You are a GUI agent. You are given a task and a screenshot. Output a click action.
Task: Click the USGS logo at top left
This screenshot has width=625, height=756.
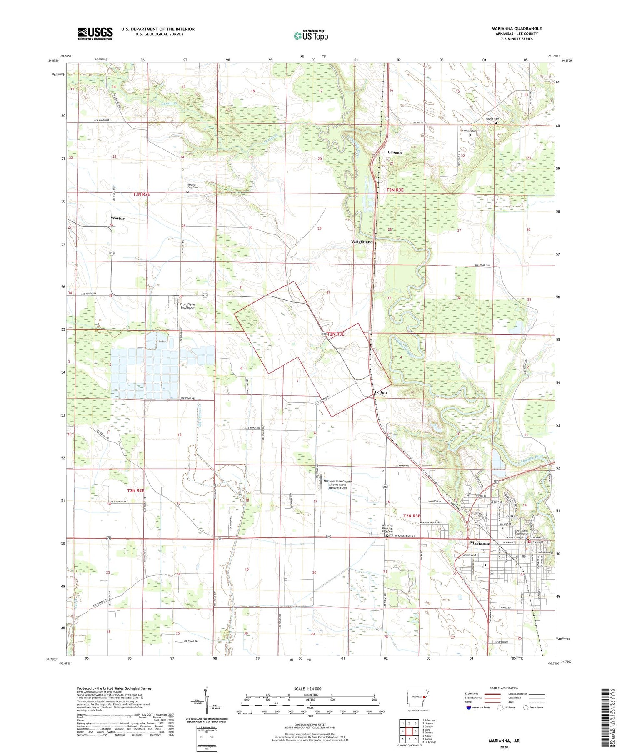tap(95, 33)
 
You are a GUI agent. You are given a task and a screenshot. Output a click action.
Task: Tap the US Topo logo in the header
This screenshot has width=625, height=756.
tap(310, 36)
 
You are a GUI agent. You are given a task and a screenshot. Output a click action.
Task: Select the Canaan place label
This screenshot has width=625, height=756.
tap(395, 153)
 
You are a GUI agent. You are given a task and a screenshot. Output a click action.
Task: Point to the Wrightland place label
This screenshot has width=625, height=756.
tap(362, 242)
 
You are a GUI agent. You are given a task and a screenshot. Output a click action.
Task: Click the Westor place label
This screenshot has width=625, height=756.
tap(117, 218)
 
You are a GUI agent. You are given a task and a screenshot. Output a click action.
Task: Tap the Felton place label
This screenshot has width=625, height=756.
tap(380, 392)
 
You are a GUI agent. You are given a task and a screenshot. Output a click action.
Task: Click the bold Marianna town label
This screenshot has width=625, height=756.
tap(480, 543)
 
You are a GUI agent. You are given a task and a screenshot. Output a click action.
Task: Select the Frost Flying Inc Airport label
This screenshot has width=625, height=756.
tap(187, 306)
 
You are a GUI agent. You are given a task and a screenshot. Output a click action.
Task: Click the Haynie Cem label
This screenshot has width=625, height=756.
tap(492, 119)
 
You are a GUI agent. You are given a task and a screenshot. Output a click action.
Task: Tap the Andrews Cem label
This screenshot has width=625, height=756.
tap(470, 131)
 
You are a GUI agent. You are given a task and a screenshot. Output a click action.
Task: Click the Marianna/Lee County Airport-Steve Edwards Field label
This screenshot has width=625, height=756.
tap(337, 485)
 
